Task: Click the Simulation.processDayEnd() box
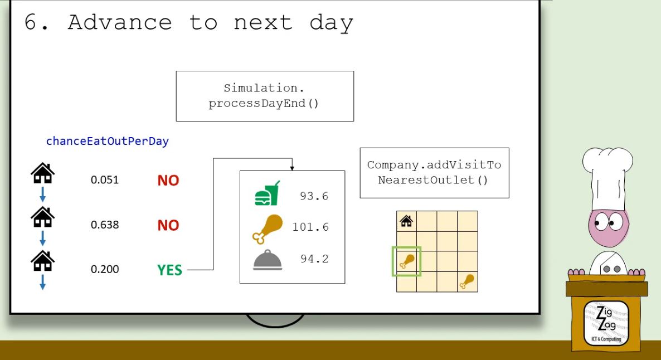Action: coord(265,96)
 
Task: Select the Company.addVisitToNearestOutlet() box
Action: coord(435,173)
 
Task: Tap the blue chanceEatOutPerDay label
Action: coord(108,141)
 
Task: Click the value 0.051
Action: coord(105,180)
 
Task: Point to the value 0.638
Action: coord(105,225)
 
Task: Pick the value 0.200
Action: coord(105,269)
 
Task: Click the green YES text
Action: coord(169,270)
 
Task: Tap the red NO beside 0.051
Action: coord(168,181)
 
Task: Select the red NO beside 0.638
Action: coord(168,225)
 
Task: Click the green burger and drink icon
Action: coord(268,193)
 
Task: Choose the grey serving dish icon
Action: coord(268,260)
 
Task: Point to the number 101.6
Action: coord(310,227)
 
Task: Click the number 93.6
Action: coord(314,196)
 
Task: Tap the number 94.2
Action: coord(314,259)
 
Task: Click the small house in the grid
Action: coord(406,221)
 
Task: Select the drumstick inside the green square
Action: coord(407,262)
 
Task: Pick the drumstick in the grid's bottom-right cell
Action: coord(467,281)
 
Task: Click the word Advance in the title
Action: coord(120,22)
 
